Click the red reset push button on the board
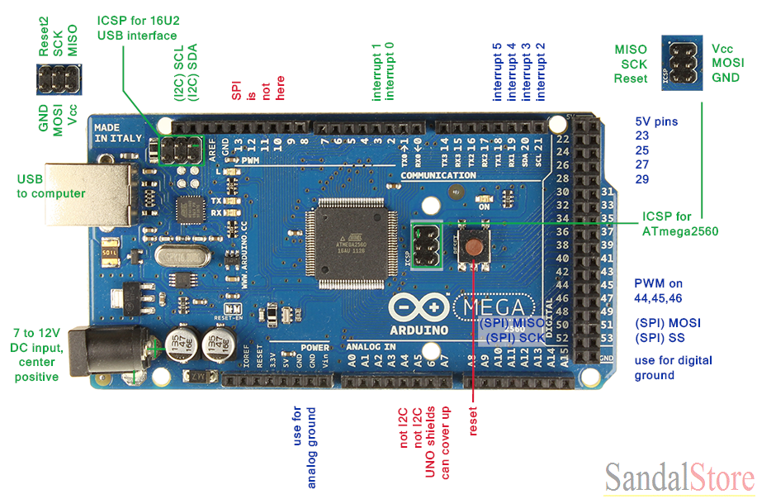[475, 245]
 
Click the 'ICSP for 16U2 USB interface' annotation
[137, 27]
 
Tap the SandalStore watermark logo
[679, 478]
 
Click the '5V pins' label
[656, 121]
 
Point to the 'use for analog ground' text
[304, 446]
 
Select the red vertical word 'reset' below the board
[473, 419]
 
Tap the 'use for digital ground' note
[673, 368]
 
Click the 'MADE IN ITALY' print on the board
[113, 133]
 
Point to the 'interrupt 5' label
[497, 71]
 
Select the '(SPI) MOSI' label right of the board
[668, 323]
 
